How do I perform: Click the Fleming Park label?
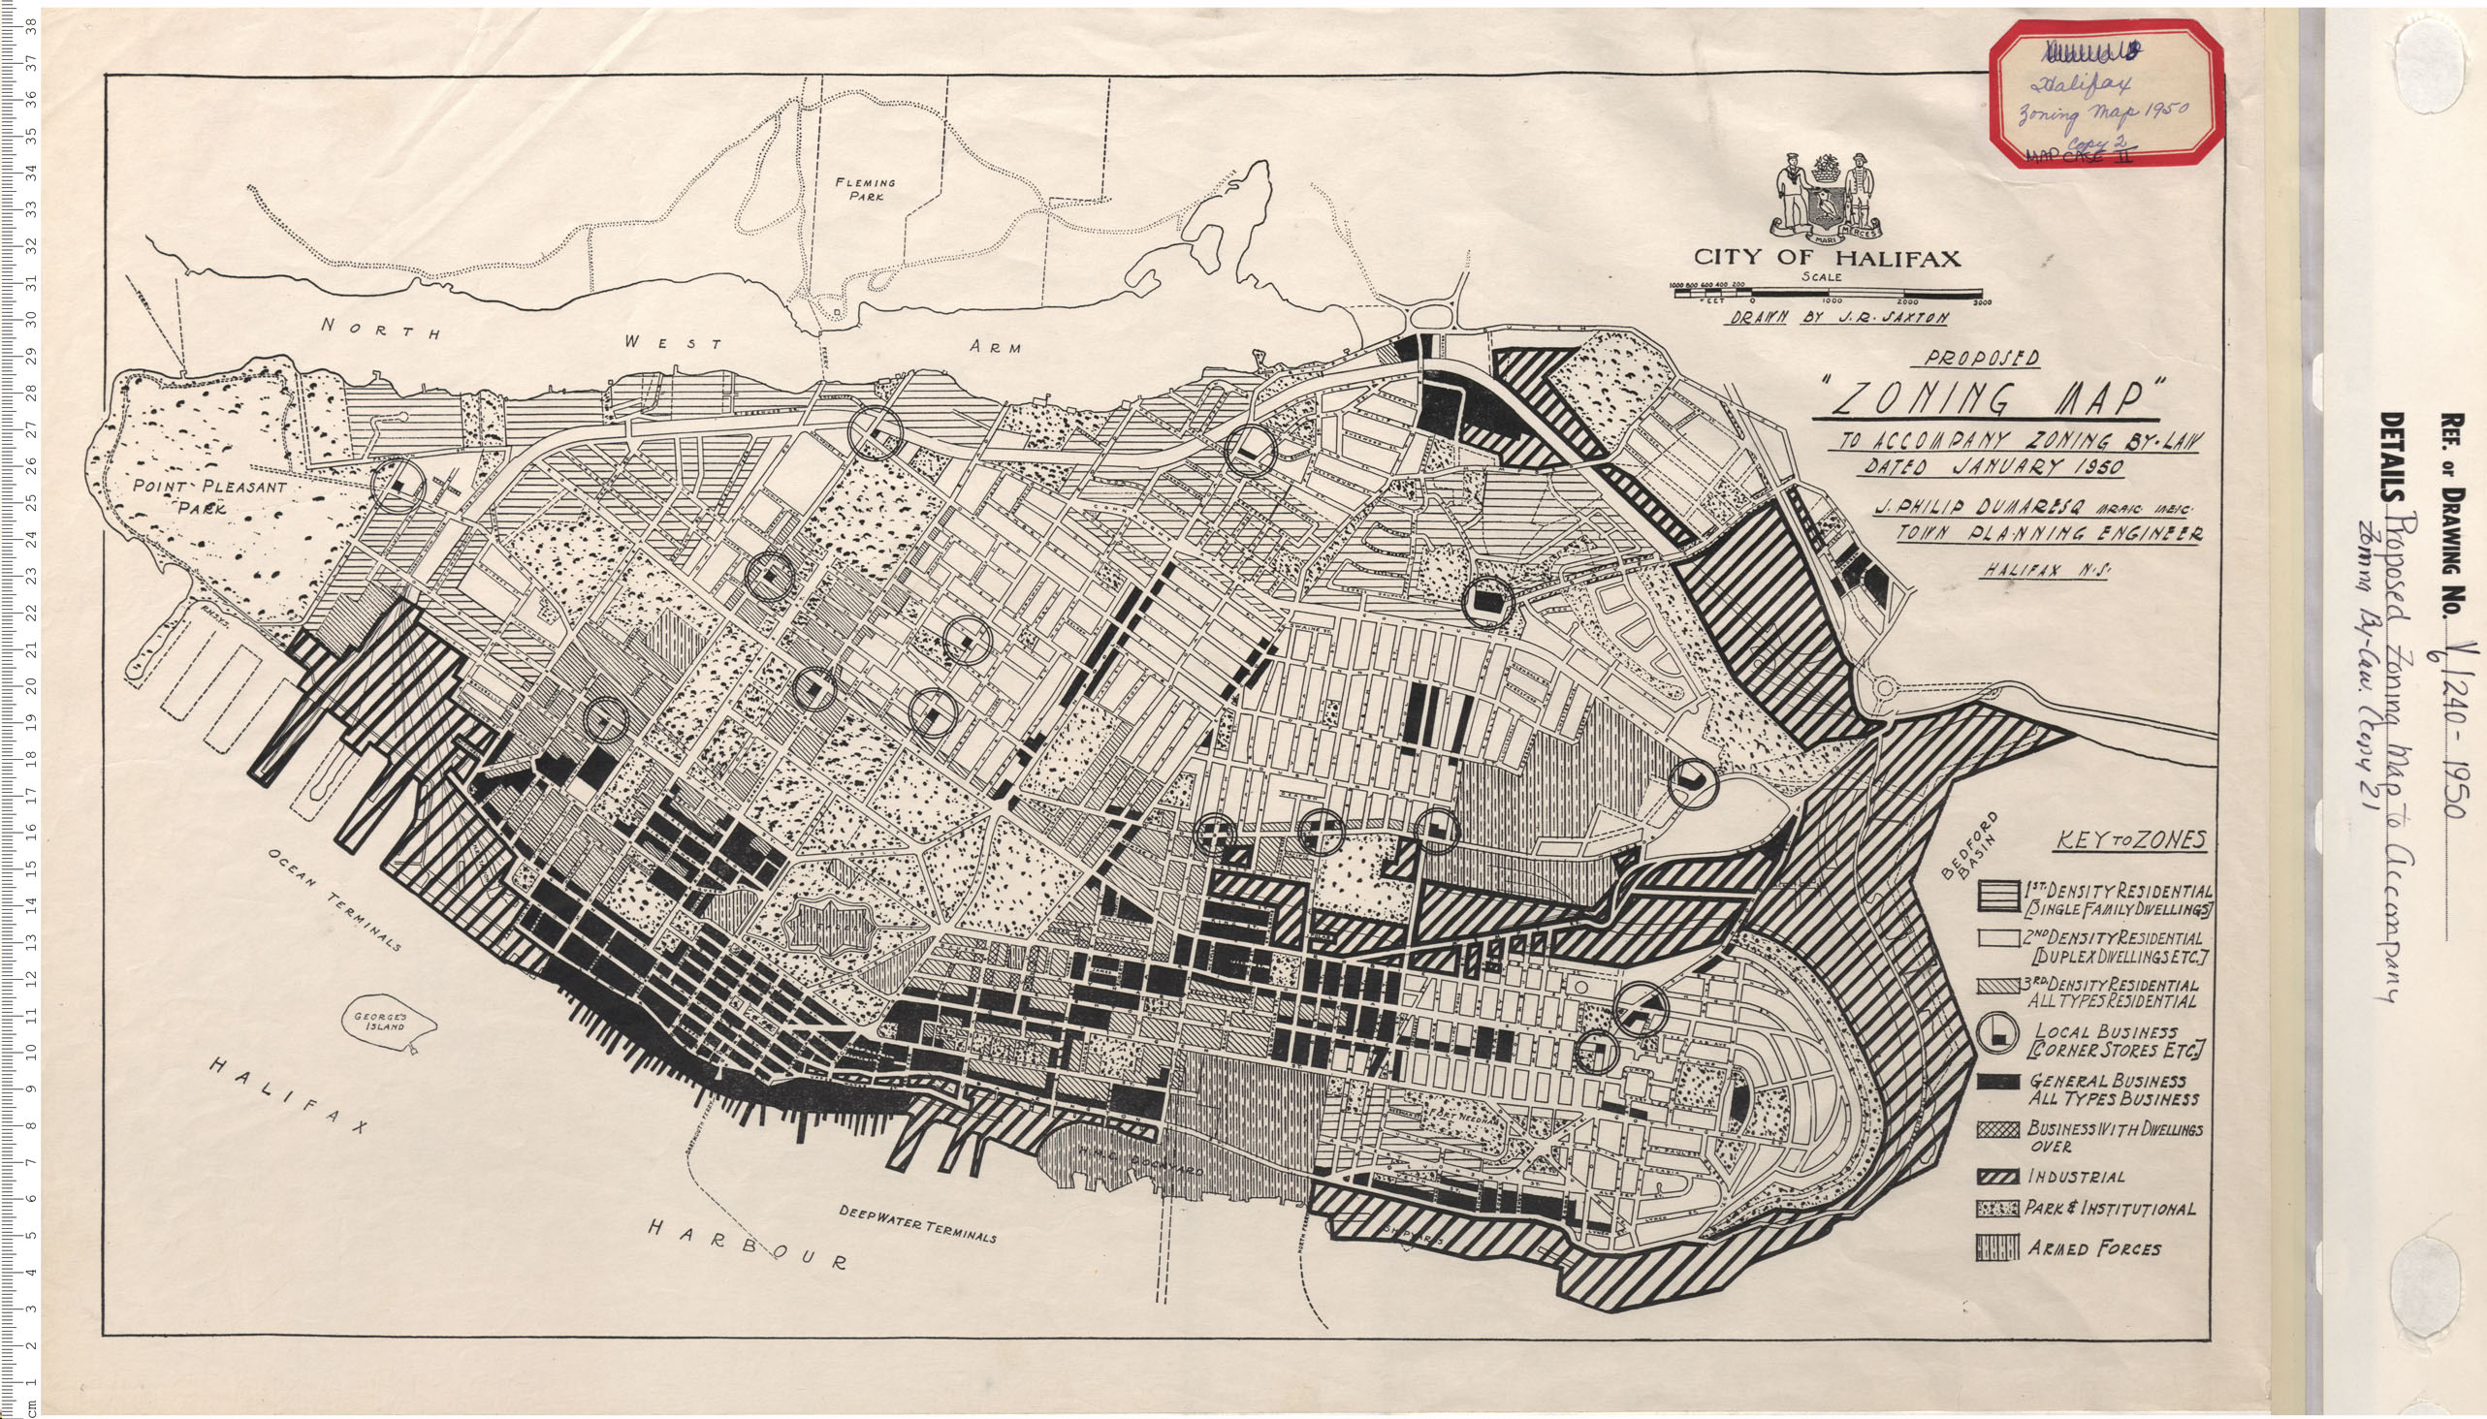pyautogui.click(x=865, y=189)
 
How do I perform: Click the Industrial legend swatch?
pyautogui.click(x=1997, y=1178)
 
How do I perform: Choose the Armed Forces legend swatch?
pyautogui.click(x=1997, y=1248)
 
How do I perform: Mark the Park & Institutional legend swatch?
pyautogui.click(x=1997, y=1210)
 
